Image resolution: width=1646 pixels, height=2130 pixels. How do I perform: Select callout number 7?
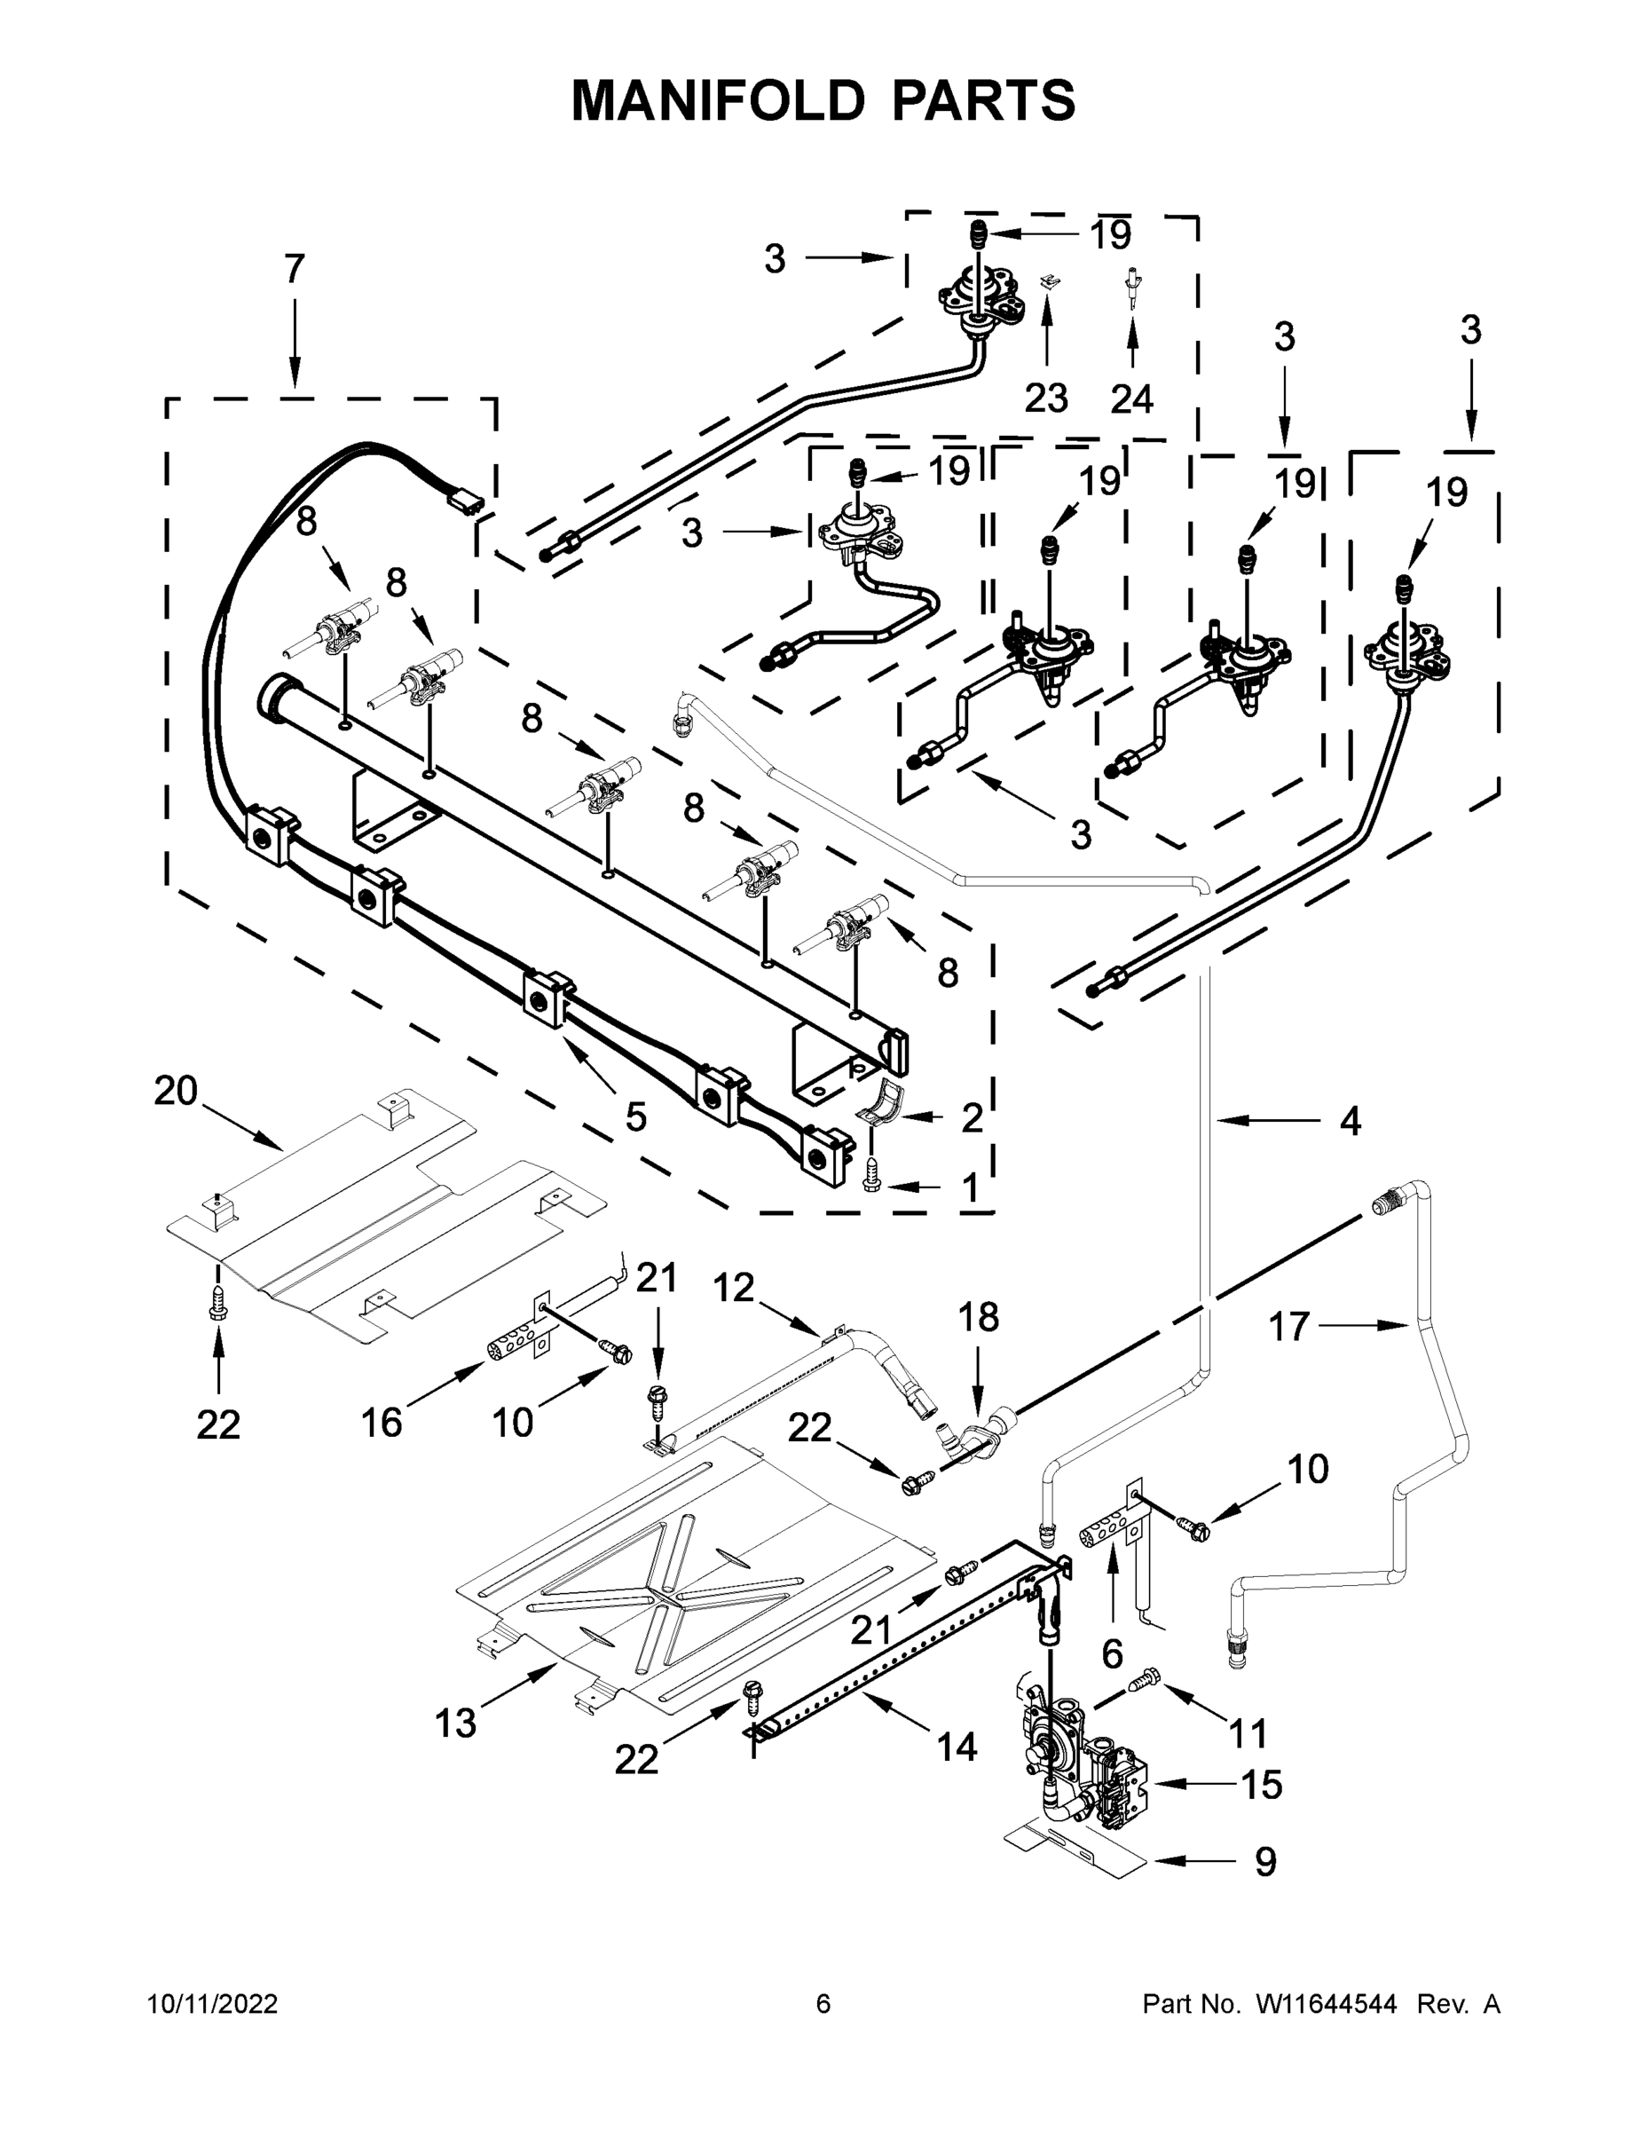pos(295,269)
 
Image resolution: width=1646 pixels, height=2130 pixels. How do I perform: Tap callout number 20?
pos(176,1091)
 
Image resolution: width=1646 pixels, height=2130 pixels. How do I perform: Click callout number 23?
pos(1046,398)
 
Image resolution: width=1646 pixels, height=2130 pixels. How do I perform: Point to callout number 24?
pos(1131,398)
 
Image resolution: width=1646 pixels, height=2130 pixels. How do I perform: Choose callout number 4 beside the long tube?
pos(1350,1122)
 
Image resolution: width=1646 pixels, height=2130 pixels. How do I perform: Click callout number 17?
pos(1288,1327)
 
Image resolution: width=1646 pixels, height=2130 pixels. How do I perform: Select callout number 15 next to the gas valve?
pos(1261,1785)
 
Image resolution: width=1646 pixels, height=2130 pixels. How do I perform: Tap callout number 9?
pos(1264,1862)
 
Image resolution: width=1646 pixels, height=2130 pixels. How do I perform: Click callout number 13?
pos(455,1724)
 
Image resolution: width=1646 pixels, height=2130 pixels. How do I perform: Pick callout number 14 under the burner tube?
pos(957,1747)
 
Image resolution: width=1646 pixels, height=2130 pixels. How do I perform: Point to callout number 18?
pos(979,1317)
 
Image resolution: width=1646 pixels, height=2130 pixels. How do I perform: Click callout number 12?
pos(733,1288)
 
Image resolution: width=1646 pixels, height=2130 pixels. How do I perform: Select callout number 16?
pos(382,1423)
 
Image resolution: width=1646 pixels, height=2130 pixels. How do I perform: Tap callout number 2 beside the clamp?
pos(972,1117)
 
